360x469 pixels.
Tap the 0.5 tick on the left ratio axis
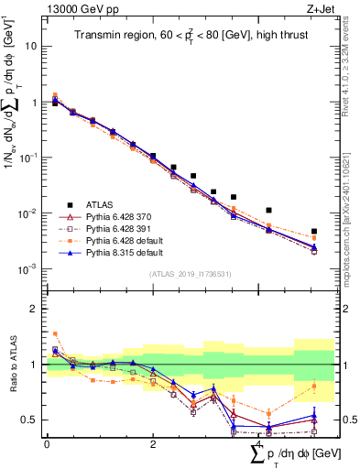30,420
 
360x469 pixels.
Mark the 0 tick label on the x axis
47,444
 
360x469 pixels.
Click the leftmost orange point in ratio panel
55,333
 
